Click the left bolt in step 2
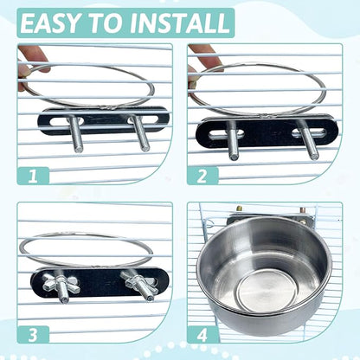232,141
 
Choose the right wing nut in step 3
138,283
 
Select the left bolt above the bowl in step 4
239,210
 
